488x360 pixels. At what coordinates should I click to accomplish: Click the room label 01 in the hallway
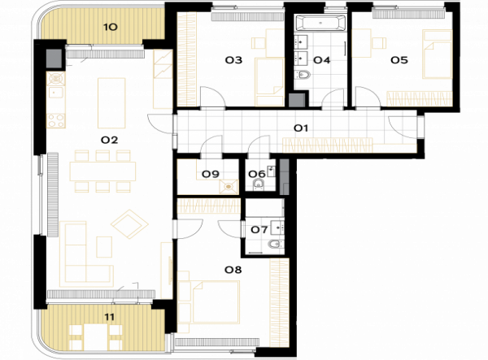coord(301,128)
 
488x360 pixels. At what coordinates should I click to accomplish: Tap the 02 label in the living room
coord(110,141)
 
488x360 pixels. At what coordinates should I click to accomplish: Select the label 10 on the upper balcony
coord(110,28)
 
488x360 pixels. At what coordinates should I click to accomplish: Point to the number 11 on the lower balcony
coord(109,317)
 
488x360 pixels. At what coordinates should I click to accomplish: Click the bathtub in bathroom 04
coord(320,23)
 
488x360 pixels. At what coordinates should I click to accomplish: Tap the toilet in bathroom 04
coord(303,75)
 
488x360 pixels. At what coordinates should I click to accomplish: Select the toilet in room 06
coord(259,184)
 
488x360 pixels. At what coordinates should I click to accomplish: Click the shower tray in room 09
coord(229,187)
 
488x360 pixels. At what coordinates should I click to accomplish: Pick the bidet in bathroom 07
coord(276,245)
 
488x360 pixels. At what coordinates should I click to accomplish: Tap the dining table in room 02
coord(102,171)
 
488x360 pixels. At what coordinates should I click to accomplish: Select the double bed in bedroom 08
coord(209,301)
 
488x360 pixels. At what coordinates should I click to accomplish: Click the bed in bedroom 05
coord(437,54)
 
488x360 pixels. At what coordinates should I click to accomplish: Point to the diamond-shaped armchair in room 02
coord(129,224)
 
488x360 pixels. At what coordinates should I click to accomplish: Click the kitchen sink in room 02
coord(55,92)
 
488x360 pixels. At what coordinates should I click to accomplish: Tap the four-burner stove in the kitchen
coord(56,120)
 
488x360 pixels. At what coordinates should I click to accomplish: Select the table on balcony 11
coord(96,337)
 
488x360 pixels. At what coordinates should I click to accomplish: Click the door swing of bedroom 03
coord(213,97)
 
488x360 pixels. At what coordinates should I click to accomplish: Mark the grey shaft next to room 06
coord(284,177)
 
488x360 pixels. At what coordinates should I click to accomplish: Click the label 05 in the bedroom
coord(399,60)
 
